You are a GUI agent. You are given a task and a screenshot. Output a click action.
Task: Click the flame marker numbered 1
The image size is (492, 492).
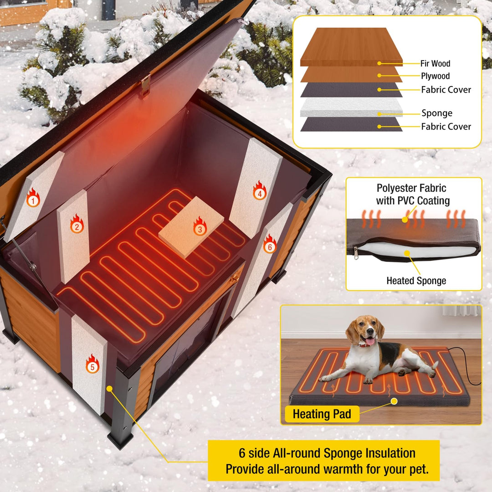33,198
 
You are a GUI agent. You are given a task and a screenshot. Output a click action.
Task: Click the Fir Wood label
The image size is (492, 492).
435,64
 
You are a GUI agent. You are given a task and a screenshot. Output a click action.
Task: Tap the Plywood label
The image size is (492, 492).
435,76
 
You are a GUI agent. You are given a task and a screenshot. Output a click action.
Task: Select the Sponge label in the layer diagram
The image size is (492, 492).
437,113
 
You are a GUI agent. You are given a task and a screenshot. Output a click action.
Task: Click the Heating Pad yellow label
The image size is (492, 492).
322,414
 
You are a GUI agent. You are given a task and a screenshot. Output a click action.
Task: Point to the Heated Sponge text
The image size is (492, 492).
415,281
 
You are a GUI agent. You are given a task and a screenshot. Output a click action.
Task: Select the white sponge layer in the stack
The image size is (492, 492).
351,107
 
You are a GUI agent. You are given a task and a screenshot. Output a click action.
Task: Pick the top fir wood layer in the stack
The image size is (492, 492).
351,46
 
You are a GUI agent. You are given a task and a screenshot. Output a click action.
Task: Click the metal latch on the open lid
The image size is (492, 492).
145,85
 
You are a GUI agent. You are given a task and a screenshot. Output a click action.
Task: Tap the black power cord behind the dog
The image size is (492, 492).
471,369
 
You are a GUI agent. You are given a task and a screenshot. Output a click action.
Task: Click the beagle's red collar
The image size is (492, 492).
364,345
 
